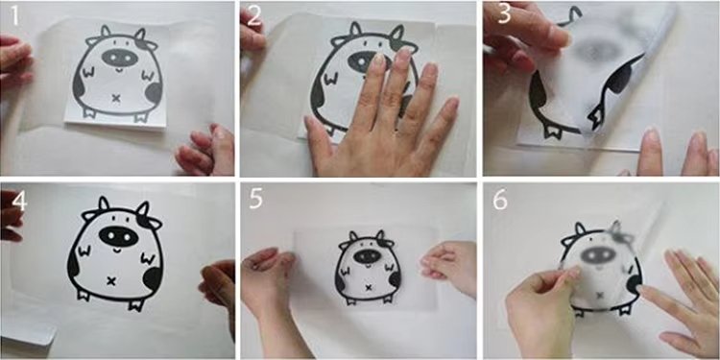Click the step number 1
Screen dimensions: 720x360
pos(15,15)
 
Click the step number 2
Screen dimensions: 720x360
pos(254,16)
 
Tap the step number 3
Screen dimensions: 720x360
pos(504,14)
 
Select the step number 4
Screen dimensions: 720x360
pos(18,201)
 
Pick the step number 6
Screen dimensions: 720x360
pos(500,200)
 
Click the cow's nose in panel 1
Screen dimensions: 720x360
pos(119,58)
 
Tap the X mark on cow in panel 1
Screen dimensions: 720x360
pos(116,97)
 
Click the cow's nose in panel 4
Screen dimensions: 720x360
pos(118,236)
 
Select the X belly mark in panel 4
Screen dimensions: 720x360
pos(110,280)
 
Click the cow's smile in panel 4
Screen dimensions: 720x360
pos(116,251)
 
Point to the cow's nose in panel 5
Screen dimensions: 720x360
pos(368,256)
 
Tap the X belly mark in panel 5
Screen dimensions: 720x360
pos(368,288)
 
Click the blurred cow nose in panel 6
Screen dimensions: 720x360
pos(598,255)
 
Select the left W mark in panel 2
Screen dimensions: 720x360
pos(330,79)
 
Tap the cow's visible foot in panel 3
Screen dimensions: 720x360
pos(552,130)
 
